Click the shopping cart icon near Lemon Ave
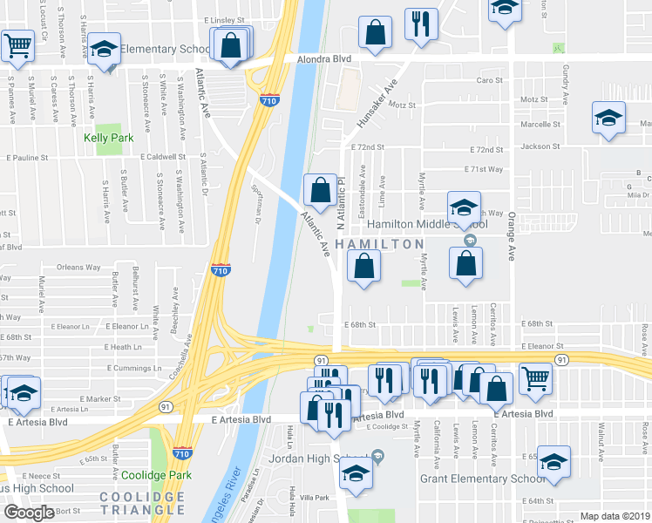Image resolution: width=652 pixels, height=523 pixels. pos(535,377)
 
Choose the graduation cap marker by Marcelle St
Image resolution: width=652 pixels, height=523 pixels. pos(608,118)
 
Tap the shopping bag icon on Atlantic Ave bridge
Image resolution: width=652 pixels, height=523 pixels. pos(320,189)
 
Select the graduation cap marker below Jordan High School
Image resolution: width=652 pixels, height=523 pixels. pos(355,473)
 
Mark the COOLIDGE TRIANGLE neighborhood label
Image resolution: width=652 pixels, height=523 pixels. pos(142,503)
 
